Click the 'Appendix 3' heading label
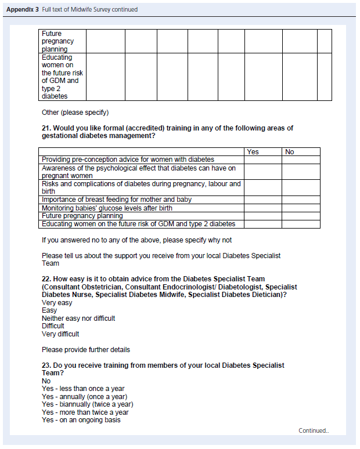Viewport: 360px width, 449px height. click(x=23, y=9)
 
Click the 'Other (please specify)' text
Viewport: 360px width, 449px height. click(x=75, y=113)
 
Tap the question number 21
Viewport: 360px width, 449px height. click(x=46, y=128)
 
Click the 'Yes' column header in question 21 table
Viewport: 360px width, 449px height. click(x=253, y=152)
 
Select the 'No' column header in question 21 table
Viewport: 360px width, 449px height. click(x=290, y=152)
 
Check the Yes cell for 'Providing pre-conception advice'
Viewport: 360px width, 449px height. click(x=262, y=160)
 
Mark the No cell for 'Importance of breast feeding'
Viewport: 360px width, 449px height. click(x=301, y=200)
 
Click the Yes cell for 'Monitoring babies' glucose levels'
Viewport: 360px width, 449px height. click(x=262, y=208)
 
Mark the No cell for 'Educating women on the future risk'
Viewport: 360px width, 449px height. click(x=301, y=224)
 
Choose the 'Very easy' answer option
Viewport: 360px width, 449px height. click(x=57, y=303)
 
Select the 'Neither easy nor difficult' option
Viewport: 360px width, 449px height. click(x=78, y=318)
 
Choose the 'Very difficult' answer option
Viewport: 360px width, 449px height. click(x=60, y=334)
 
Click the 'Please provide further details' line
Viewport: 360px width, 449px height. click(x=86, y=350)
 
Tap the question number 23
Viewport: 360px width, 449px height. click(x=46, y=365)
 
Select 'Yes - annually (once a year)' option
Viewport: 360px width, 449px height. click(x=84, y=397)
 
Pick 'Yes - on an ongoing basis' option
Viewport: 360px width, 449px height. click(x=81, y=420)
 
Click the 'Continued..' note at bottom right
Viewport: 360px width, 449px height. click(x=314, y=430)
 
